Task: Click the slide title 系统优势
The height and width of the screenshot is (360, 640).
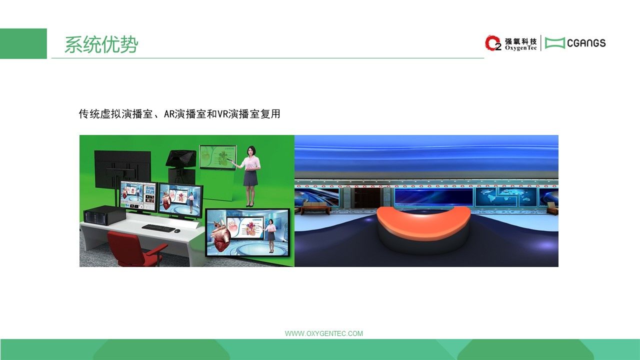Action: pos(101,44)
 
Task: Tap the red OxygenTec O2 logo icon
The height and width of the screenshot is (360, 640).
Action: pos(493,43)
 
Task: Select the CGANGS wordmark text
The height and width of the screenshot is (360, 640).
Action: pos(586,43)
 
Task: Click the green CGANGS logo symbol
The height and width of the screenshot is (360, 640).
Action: pos(555,43)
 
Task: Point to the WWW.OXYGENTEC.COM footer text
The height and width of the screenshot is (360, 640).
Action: pos(323,333)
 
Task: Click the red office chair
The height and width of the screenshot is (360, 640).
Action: pos(134,248)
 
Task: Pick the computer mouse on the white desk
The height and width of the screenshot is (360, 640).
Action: pos(177,230)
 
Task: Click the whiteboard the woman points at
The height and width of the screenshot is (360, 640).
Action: pos(218,157)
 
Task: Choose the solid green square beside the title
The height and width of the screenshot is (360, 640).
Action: pos(23,43)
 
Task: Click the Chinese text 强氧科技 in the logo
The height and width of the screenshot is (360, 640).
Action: pos(520,41)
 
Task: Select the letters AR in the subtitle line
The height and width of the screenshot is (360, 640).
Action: pos(169,114)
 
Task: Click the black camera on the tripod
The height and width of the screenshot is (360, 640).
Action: pos(181,159)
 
